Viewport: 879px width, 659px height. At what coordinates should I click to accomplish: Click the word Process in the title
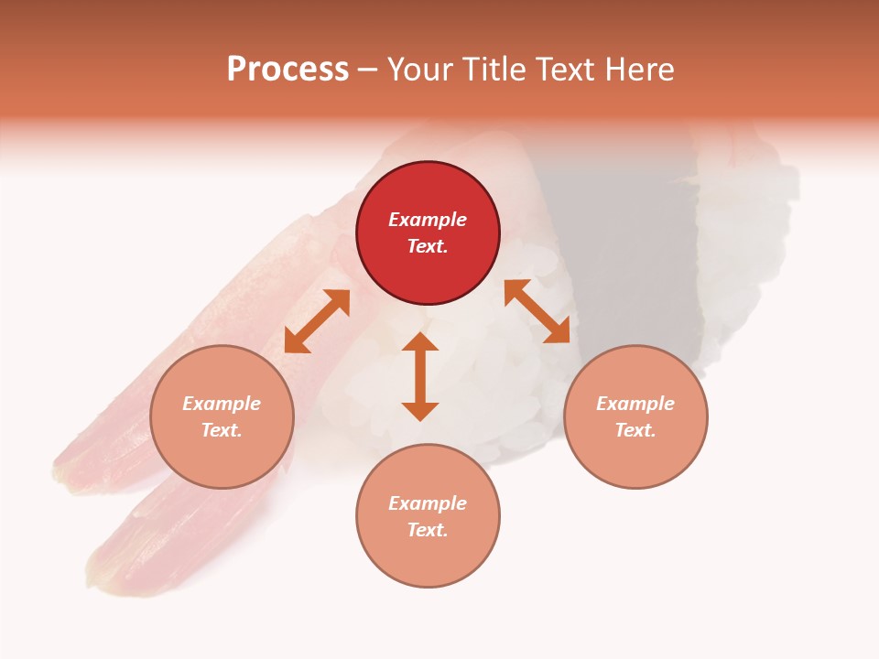(288, 70)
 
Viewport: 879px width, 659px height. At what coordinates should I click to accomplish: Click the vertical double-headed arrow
(420, 376)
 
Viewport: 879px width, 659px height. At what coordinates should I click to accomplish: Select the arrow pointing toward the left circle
(317, 321)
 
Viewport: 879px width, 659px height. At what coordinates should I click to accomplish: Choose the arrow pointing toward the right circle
(537, 311)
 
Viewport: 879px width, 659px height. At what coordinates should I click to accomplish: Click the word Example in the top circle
(428, 220)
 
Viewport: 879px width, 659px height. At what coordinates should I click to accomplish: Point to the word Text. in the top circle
(428, 246)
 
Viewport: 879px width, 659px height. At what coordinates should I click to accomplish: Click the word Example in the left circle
(222, 404)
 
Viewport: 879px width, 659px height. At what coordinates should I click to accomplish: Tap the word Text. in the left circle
(222, 430)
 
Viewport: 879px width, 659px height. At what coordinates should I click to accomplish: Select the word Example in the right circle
(635, 404)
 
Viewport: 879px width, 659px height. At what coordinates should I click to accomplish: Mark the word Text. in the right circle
(635, 430)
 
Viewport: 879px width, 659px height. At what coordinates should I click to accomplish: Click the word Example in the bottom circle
(428, 503)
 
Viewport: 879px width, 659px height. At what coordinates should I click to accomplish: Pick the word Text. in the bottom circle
(428, 530)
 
